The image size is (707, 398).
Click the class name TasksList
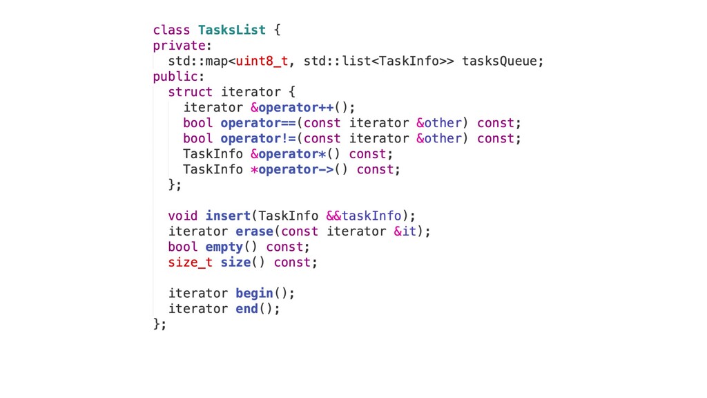coord(231,30)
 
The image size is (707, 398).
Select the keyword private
coord(179,46)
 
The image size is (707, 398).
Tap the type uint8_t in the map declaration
coord(262,61)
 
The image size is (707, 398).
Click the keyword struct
coord(190,92)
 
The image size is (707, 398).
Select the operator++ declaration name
coord(296,107)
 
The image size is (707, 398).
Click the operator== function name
coord(258,123)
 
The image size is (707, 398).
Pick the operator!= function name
coord(258,138)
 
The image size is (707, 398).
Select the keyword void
coord(182,216)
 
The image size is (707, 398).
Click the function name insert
coord(228,216)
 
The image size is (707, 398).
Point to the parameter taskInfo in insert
coord(371,216)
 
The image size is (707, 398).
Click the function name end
coord(246,308)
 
